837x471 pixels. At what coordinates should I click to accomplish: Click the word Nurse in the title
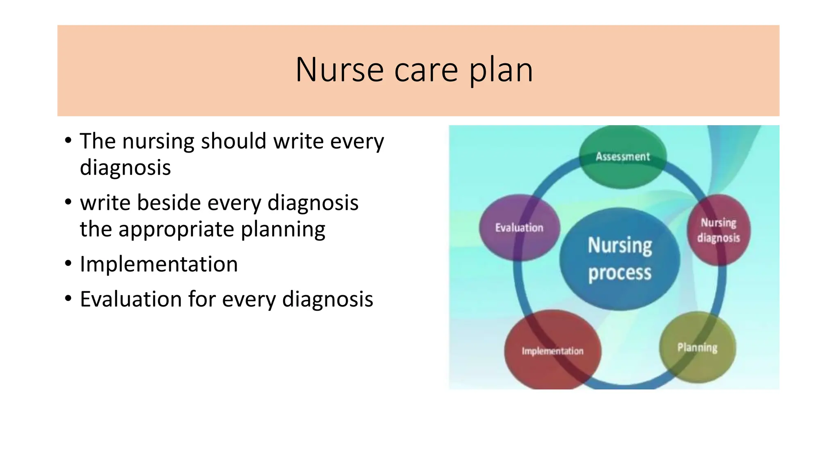[339, 70]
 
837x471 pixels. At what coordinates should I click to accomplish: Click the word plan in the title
[501, 70]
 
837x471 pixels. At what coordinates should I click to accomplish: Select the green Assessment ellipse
[622, 157]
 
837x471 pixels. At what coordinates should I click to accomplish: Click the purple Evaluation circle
[519, 228]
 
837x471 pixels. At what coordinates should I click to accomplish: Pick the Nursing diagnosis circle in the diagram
[719, 230]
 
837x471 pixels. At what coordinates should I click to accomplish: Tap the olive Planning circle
[697, 348]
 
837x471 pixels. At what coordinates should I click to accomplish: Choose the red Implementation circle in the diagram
[552, 351]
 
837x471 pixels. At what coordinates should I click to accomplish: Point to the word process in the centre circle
[620, 273]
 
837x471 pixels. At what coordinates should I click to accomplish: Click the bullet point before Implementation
[68, 264]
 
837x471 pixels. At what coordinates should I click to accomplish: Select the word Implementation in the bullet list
[159, 264]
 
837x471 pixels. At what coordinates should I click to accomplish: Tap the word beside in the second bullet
[169, 203]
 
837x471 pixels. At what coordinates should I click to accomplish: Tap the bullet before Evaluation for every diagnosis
[68, 299]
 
